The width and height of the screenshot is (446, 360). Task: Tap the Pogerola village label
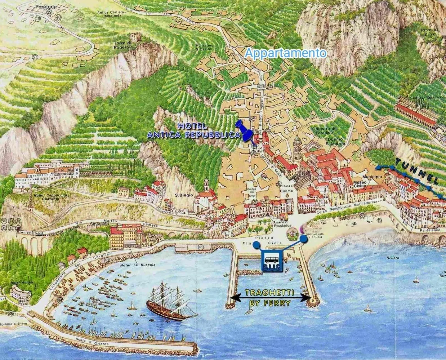click(46, 6)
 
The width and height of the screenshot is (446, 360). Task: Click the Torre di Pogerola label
click(123, 45)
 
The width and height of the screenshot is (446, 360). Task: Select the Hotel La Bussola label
click(137, 265)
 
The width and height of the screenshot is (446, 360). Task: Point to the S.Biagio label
click(184, 195)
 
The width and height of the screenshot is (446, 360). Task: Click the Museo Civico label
click(360, 184)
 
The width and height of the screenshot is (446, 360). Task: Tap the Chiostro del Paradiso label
click(324, 131)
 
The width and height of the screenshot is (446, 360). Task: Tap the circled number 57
click(35, 57)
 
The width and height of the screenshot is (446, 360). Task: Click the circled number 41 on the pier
click(201, 247)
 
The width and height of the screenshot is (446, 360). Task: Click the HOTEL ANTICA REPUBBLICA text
click(193, 130)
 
